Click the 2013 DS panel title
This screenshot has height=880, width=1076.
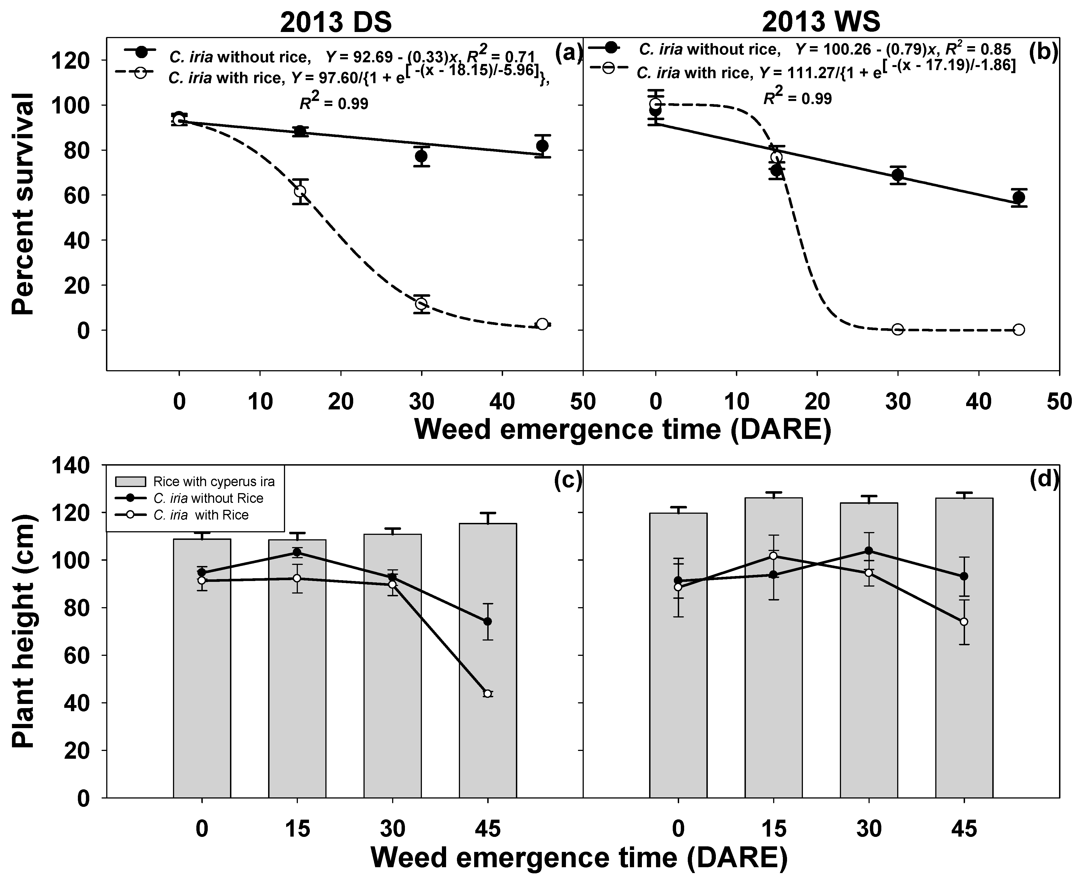(335, 22)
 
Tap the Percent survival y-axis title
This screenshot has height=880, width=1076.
(23, 204)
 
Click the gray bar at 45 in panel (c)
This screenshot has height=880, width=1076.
(488, 659)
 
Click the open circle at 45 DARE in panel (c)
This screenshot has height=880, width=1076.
(488, 693)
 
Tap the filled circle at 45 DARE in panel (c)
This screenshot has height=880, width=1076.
(488, 621)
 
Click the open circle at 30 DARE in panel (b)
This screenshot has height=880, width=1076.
(898, 330)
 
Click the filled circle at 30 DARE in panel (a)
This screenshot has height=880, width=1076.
(421, 156)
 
